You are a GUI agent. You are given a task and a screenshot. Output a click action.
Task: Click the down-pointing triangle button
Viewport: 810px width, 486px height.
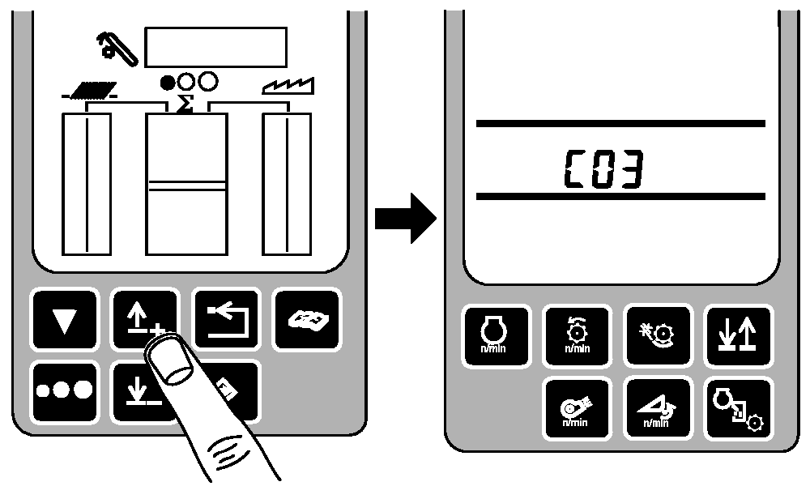(65, 320)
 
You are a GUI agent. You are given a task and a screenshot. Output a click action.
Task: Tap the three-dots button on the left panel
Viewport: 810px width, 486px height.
(65, 391)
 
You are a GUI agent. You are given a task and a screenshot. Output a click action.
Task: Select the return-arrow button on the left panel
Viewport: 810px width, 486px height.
(226, 320)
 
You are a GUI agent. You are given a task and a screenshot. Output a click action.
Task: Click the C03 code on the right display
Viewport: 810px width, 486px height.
(604, 169)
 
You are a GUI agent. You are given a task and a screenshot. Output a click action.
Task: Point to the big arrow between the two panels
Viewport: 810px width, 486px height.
(406, 217)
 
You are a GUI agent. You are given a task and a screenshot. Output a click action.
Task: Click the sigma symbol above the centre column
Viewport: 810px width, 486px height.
(185, 104)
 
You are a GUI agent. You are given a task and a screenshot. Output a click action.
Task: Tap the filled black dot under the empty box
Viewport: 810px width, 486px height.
(168, 82)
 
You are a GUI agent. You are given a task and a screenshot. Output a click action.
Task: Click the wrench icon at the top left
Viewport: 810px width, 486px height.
(117, 49)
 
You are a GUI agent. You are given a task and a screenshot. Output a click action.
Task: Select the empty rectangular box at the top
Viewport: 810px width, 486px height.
(216, 47)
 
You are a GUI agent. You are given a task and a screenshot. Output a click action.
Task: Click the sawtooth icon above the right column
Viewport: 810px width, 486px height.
(288, 86)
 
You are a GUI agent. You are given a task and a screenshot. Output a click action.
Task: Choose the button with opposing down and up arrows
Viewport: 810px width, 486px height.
(739, 335)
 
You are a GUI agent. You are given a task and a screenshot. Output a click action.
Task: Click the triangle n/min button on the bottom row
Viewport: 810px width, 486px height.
(657, 408)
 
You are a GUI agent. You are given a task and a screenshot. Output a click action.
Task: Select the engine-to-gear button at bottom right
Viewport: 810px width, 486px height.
(739, 408)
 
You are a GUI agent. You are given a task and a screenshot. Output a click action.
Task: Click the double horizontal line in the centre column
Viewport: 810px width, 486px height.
(186, 186)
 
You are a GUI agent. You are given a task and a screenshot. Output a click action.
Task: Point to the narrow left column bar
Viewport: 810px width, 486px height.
(87, 184)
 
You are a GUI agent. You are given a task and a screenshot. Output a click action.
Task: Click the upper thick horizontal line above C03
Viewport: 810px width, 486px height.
(620, 123)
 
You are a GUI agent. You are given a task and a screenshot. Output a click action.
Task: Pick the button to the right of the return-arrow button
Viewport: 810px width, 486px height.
(307, 320)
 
